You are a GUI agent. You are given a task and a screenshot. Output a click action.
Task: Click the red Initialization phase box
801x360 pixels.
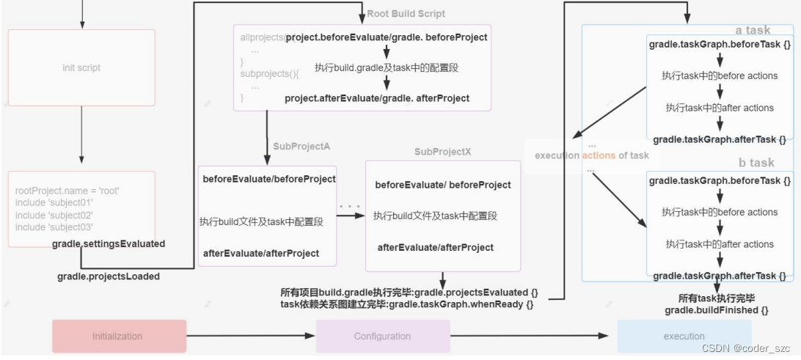pos(119,336)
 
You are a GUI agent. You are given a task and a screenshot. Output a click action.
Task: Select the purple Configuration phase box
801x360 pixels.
pos(382,336)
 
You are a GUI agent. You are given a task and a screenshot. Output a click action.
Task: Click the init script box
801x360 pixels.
pos(81,68)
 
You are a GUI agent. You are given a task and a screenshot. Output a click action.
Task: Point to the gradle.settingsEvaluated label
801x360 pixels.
pos(109,243)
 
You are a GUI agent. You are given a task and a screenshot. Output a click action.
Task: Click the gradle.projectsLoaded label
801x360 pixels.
pos(109,276)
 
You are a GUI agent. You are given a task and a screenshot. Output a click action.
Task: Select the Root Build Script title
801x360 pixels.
pos(406,14)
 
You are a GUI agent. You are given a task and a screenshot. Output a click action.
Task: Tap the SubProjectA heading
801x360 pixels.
pos(301,147)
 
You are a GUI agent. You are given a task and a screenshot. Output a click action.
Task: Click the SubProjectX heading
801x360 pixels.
pos(442,152)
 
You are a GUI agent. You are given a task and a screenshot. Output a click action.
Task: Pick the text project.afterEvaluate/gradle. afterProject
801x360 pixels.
pos(377,98)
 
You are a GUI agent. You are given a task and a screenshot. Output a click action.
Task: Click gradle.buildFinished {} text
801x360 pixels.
pos(717,310)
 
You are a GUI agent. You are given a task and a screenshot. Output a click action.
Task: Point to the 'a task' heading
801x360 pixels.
pos(753,30)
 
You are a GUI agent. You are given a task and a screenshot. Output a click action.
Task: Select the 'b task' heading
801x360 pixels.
pos(756,163)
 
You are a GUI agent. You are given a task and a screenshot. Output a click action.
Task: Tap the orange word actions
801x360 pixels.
pos(599,155)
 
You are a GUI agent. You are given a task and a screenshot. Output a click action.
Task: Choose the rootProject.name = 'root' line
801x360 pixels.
pos(67,191)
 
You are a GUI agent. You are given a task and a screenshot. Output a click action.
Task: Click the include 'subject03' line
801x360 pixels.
pos(54,227)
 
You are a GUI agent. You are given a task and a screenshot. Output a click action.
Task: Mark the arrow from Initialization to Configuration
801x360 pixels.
pos(251,336)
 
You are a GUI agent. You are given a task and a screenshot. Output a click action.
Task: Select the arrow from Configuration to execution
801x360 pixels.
pos(530,336)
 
